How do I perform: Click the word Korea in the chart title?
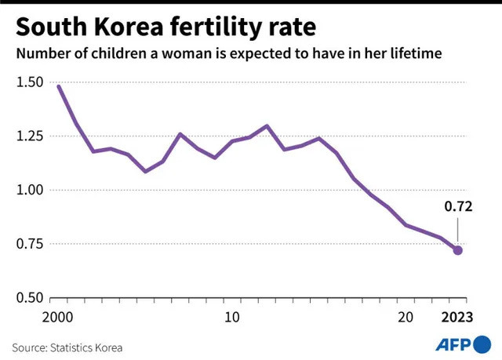coord(129,27)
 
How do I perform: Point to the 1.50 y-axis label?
coord(30,82)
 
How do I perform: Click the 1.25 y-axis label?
coord(30,136)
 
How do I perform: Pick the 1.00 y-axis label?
coord(30,190)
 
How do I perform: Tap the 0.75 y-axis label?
coord(30,244)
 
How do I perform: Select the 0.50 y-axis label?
coord(30,297)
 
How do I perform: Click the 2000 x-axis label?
coord(57,318)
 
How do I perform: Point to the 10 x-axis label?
coord(232,318)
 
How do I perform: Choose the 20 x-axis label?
coord(406,318)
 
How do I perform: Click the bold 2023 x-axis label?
coord(457,318)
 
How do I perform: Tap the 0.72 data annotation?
coord(458,207)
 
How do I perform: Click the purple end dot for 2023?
coord(458,250)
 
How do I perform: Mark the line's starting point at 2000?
coord(59,86)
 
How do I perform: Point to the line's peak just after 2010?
coord(267,125)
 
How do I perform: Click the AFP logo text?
coord(453,345)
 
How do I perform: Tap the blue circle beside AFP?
coord(482,344)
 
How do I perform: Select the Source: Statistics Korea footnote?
coord(67,347)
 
